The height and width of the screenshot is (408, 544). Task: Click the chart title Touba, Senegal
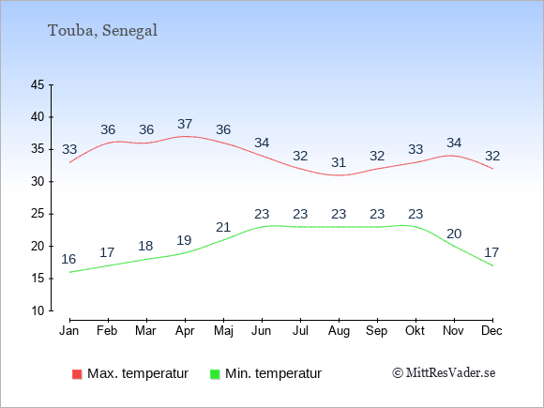[102, 31]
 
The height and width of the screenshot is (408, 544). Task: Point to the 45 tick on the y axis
[38, 84]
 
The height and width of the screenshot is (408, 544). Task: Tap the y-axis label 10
[38, 310]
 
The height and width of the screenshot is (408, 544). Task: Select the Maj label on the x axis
[223, 331]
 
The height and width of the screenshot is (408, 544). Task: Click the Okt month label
[415, 331]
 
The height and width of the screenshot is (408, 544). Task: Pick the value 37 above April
[185, 124]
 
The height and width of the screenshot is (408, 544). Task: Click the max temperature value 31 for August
[339, 162]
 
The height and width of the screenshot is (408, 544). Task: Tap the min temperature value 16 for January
[68, 259]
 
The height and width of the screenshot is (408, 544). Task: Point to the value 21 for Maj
[223, 227]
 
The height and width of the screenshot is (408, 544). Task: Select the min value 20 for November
[454, 234]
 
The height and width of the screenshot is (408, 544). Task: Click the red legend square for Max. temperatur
[77, 374]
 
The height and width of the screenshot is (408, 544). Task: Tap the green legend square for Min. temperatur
[215, 374]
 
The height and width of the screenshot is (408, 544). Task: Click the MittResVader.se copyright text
[444, 373]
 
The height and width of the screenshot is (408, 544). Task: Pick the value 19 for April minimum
[184, 240]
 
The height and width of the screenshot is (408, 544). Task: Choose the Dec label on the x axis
[491, 331]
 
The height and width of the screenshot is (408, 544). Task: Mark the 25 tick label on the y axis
[38, 214]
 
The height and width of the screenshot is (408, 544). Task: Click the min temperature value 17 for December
[491, 252]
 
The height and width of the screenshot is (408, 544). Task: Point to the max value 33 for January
[69, 149]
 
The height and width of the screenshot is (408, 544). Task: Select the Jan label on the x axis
[69, 331]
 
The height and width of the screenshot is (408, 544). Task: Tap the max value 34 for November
[454, 143]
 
